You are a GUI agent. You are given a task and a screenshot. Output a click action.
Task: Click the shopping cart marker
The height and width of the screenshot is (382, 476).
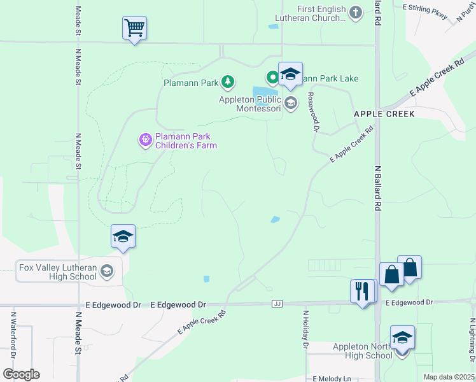click(x=134, y=29)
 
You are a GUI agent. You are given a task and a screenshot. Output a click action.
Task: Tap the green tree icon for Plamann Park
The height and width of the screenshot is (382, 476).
click(x=227, y=81)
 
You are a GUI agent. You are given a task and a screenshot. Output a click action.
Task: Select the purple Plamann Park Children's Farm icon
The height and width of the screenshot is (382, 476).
click(x=146, y=139)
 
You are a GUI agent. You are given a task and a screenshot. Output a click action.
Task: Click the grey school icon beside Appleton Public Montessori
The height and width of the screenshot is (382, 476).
click(x=291, y=103)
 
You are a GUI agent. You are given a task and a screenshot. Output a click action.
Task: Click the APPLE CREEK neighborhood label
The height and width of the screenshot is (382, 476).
click(x=384, y=114)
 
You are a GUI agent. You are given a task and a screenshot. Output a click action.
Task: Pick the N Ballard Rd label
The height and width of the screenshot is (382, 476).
click(x=377, y=188)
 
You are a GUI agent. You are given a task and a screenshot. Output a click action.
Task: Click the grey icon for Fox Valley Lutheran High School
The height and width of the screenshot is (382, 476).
click(x=107, y=272)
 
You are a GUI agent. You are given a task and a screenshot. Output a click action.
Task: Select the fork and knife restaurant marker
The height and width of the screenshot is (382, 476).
click(x=362, y=291)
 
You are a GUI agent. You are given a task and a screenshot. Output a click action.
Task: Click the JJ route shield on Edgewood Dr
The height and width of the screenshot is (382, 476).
click(x=277, y=304)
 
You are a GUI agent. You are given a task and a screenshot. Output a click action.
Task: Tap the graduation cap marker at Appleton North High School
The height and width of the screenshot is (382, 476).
click(x=402, y=337)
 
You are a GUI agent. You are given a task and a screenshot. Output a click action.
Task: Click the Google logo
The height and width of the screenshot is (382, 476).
click(x=21, y=374)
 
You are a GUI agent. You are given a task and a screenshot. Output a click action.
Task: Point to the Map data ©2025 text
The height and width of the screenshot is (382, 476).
click(x=449, y=377)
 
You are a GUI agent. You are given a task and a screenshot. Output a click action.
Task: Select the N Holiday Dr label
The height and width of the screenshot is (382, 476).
click(x=305, y=330)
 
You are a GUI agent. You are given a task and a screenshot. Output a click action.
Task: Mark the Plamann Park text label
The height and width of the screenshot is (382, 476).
click(x=191, y=82)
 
